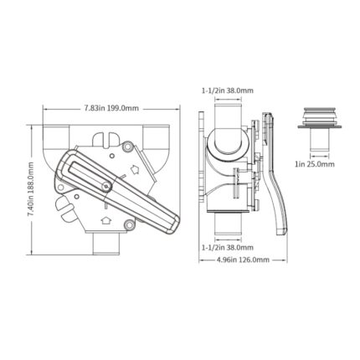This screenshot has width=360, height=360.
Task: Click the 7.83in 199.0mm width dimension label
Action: tap(111, 108)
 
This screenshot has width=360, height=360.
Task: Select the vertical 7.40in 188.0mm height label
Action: tap(30, 189)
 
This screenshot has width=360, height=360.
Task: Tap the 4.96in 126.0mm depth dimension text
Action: tap(243, 260)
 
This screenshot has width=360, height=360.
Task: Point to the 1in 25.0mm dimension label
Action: tap(315, 164)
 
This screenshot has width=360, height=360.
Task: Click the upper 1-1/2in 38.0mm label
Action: tap(228, 90)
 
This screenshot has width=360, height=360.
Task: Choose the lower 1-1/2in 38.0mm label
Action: tap(228, 247)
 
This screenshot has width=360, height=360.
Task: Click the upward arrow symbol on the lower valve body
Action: tap(105, 220)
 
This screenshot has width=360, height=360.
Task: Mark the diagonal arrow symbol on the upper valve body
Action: tap(135, 169)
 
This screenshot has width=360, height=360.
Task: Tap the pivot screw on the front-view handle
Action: tap(106, 186)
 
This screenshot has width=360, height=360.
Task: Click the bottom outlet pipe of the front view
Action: tap(106, 244)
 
